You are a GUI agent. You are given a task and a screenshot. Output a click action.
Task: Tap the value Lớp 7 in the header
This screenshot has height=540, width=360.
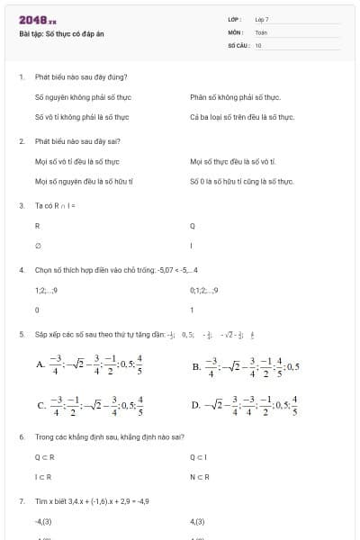[262, 19]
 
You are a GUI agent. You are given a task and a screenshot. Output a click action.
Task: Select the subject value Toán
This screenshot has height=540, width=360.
[261, 31]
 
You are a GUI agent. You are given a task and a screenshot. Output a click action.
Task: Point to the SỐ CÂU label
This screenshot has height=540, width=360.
[238, 44]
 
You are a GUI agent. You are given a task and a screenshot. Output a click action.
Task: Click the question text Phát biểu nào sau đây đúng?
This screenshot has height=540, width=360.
[81, 77]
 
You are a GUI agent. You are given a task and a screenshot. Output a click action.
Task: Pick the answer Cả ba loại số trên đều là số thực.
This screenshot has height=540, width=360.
[242, 117]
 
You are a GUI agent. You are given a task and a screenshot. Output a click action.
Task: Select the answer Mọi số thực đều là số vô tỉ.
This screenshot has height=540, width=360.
[233, 161]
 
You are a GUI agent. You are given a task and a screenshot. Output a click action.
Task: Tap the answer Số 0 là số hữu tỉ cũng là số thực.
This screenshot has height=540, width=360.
[242, 181]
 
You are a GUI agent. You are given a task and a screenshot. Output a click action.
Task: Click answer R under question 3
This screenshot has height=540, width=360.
[37, 226]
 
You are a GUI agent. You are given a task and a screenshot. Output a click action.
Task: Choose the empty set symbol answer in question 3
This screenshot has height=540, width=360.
[37, 246]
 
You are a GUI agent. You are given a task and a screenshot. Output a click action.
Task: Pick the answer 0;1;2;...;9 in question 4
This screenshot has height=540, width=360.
[204, 290]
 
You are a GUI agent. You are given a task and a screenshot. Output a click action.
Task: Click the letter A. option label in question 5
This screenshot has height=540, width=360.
[40, 365]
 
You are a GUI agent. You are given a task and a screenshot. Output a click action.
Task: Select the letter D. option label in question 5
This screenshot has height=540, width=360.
[196, 405]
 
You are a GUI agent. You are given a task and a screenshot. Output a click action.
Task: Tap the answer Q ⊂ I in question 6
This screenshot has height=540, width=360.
[199, 456]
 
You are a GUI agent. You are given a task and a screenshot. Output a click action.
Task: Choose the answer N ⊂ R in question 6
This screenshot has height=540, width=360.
[199, 476]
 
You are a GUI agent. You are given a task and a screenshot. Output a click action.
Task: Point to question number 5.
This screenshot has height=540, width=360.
[21, 334]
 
